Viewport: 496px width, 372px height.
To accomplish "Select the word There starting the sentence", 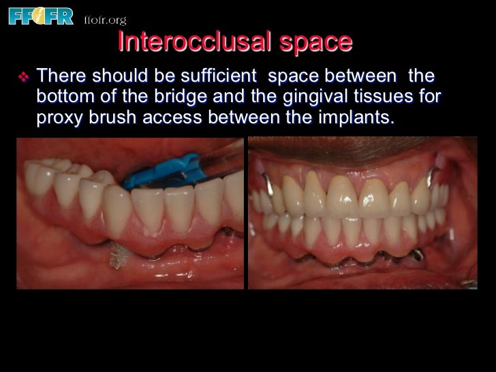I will click(x=62, y=74).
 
